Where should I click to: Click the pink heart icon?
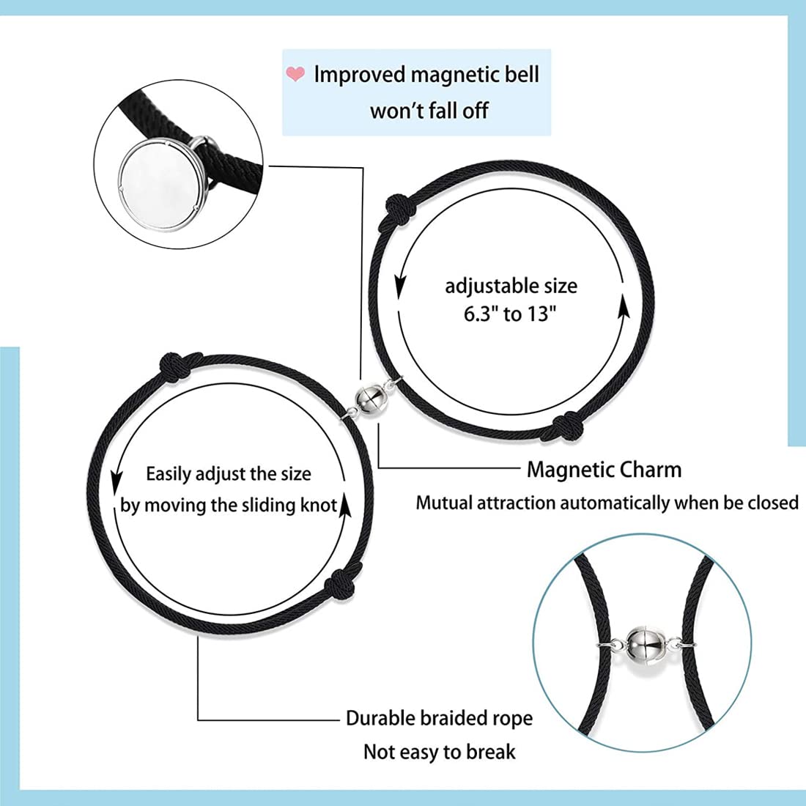pyautogui.click(x=295, y=73)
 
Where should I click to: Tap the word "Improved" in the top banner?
pyautogui.click(x=359, y=75)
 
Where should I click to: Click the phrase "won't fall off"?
pyautogui.click(x=429, y=111)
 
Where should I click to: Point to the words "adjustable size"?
pyautogui.click(x=511, y=286)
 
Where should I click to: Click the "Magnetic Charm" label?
pyautogui.click(x=604, y=469)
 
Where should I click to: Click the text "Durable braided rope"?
pyautogui.click(x=439, y=718)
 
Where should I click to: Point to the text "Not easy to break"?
pyautogui.click(x=439, y=752)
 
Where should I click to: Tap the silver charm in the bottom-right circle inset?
pyautogui.click(x=645, y=643)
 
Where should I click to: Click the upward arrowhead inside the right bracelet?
pyautogui.click(x=624, y=309)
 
